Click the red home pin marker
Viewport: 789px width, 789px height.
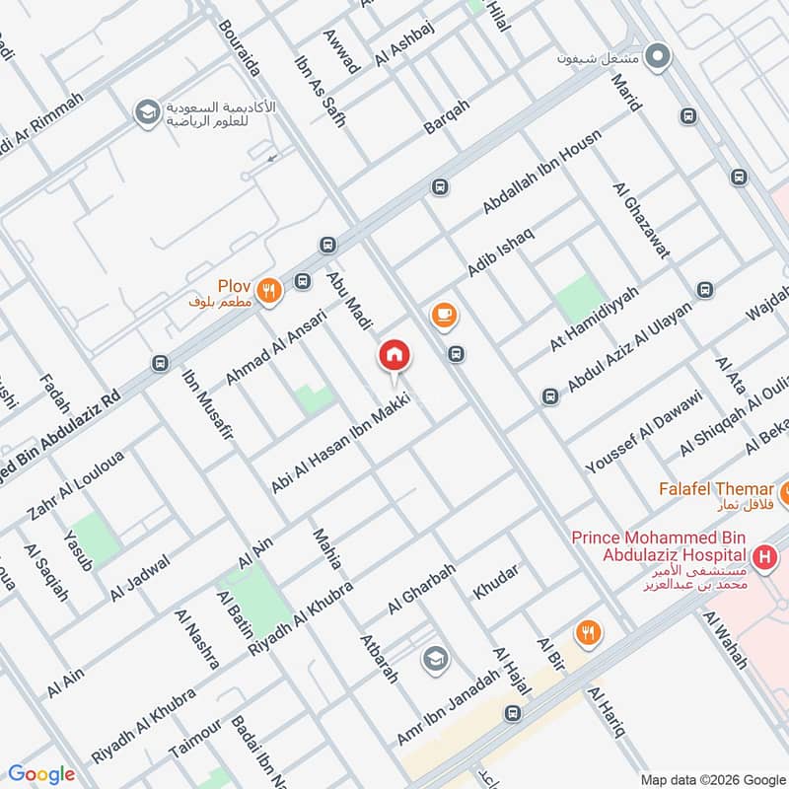(394, 356)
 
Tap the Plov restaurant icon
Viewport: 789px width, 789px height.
(268, 290)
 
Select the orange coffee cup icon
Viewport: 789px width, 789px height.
(444, 315)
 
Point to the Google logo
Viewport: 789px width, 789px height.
(41, 774)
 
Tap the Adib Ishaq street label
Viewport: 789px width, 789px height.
(500, 251)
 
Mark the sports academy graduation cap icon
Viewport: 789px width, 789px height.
(147, 111)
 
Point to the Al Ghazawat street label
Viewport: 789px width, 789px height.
(641, 220)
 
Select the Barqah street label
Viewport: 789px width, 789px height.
(446, 116)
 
